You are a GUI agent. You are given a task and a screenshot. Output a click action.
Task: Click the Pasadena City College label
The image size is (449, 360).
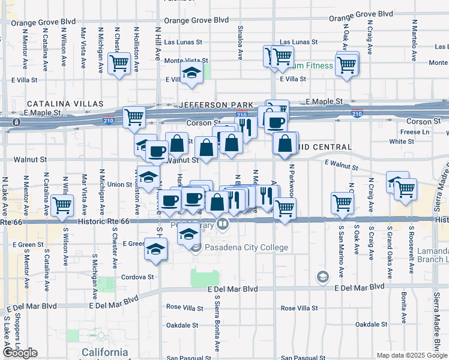click(x=247, y=247)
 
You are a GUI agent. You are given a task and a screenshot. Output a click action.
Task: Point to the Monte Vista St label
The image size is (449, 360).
click(x=186, y=61)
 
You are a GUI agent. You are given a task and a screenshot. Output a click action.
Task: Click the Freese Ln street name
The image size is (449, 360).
click(x=416, y=132)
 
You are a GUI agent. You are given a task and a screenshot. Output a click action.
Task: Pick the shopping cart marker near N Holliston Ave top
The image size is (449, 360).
click(x=119, y=62)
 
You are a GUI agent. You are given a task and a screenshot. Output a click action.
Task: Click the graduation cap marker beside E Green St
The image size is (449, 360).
click(x=155, y=248)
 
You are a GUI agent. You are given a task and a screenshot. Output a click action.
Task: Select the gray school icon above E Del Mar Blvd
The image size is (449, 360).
click(x=323, y=276)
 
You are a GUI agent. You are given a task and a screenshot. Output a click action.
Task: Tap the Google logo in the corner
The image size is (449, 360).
click(x=20, y=353)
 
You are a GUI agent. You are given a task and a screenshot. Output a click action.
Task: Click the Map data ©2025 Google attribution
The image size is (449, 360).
click(x=412, y=355)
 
